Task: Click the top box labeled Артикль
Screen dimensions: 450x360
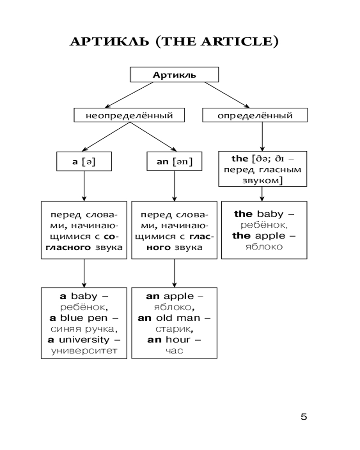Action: click(174, 75)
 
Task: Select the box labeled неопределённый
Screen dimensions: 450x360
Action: click(130, 116)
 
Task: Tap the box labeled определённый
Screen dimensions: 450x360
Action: click(255, 116)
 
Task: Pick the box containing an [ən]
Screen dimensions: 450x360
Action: click(174, 162)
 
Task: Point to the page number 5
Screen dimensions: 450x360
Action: click(304, 417)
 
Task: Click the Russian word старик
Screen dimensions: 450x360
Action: click(174, 329)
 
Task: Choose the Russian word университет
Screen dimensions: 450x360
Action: click(84, 351)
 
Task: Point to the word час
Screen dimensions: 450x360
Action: click(174, 351)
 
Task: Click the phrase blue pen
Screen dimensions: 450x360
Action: click(87, 318)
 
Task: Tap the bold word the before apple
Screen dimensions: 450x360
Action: click(243, 235)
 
